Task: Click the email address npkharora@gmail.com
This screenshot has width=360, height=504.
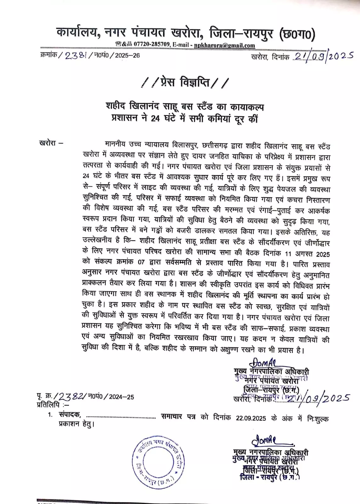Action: pos(224,45)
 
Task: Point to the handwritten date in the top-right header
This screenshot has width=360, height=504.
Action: pos(323,56)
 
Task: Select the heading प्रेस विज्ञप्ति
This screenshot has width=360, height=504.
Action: pos(185,83)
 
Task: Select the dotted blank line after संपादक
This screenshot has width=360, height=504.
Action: pos(121,418)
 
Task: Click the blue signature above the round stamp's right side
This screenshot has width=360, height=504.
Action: pos(265,439)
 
